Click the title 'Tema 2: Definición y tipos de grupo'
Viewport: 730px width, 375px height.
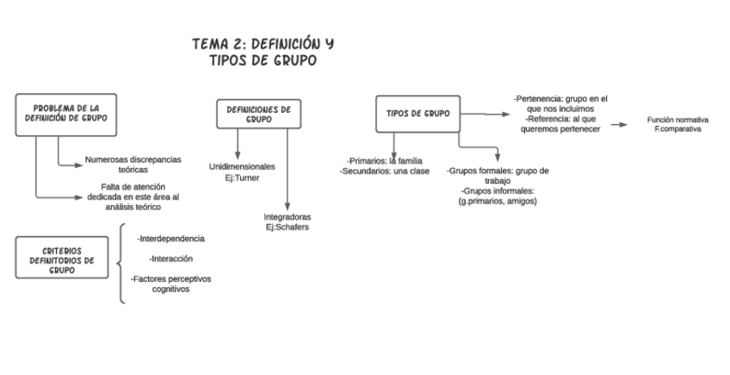tap(263, 52)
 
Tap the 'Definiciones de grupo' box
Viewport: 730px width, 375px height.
tap(258, 115)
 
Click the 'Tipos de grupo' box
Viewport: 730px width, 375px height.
tap(418, 114)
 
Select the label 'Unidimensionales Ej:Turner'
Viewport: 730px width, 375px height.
tap(242, 172)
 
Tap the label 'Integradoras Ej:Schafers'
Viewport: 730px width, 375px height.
tap(288, 222)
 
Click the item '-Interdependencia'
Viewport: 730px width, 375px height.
tap(171, 238)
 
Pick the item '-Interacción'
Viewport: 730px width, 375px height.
tap(170, 259)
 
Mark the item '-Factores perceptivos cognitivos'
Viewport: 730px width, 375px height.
tap(171, 284)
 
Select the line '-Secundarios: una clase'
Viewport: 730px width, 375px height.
tap(384, 172)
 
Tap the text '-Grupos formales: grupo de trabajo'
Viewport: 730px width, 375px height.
tap(498, 176)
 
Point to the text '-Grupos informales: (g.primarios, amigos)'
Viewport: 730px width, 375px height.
tap(498, 196)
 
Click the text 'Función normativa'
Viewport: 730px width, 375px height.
tap(677, 120)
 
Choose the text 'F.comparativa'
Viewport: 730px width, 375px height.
tap(677, 129)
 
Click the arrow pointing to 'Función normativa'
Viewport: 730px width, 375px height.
tap(619, 125)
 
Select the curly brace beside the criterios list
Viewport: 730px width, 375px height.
tap(122, 263)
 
